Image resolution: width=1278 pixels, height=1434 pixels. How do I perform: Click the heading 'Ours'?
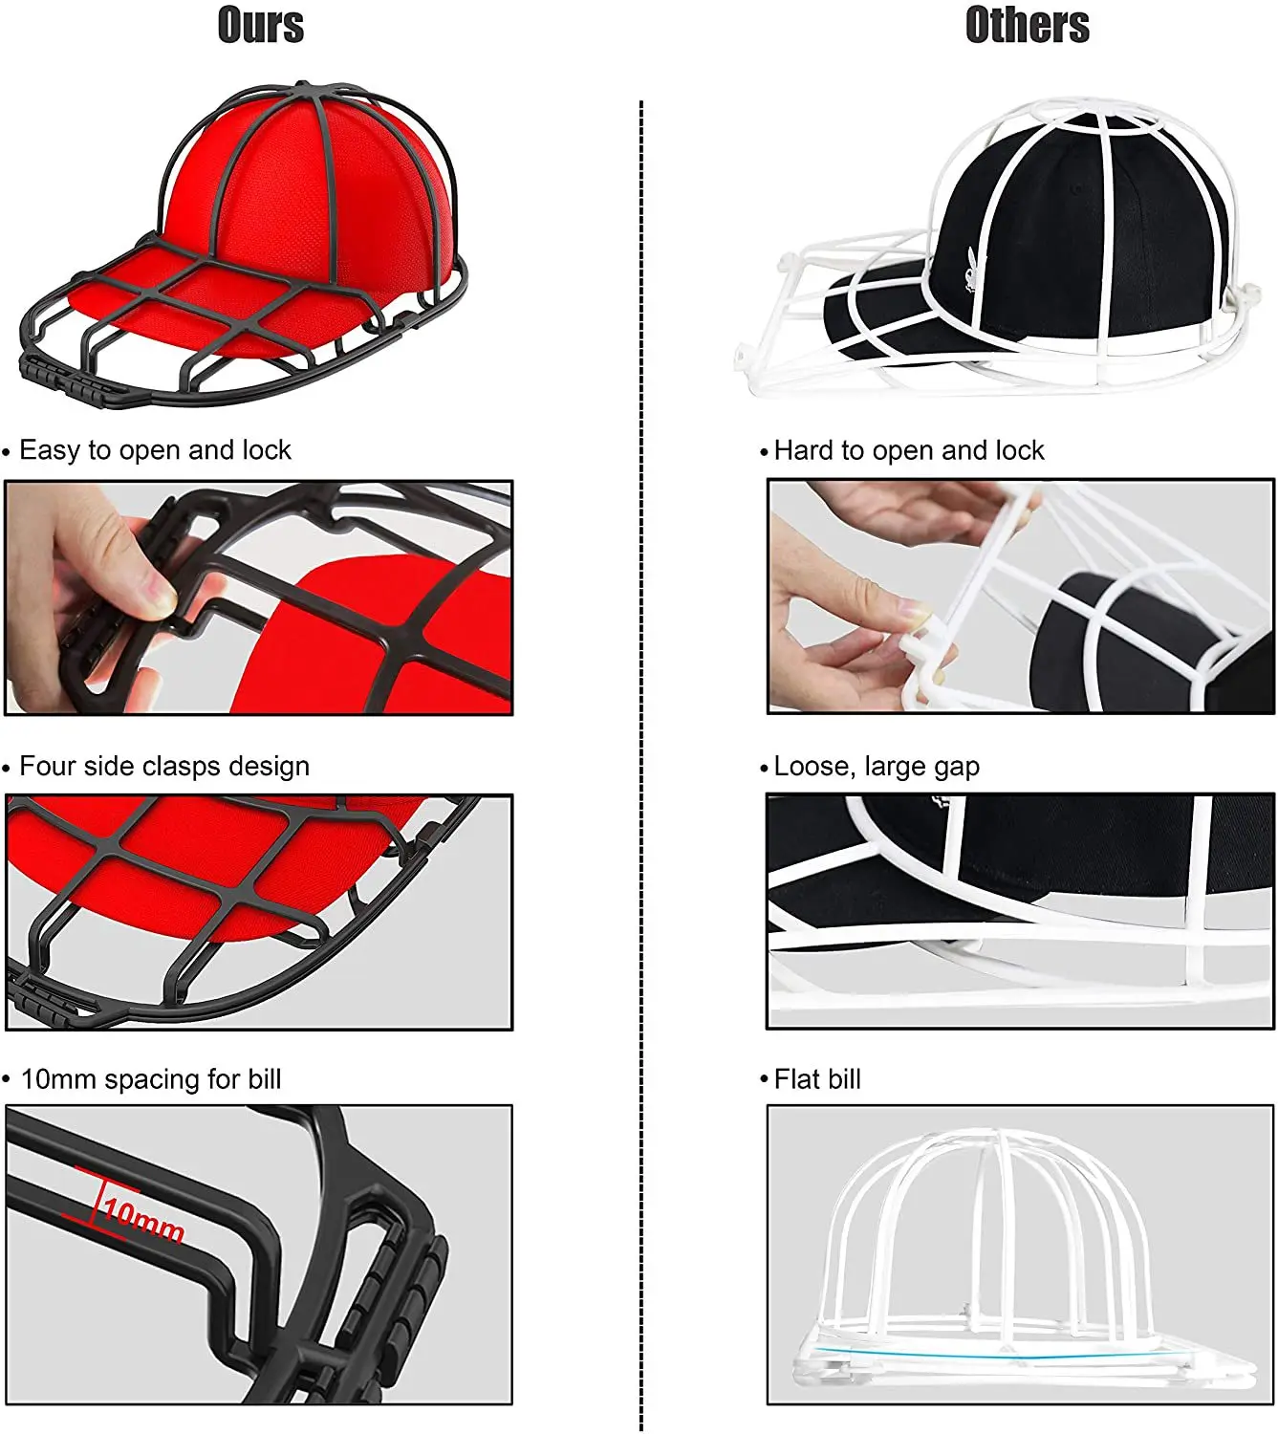[x=260, y=25]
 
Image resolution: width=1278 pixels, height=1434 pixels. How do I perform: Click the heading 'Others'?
[x=1027, y=25]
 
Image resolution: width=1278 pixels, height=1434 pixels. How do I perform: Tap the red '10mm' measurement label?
[x=143, y=1219]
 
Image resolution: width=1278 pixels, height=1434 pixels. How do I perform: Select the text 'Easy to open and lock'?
[x=155, y=450]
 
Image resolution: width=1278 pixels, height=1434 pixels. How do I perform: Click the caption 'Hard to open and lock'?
[x=908, y=450]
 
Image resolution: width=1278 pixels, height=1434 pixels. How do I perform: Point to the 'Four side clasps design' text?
[x=164, y=767]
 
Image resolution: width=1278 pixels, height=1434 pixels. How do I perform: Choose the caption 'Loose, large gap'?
[x=876, y=767]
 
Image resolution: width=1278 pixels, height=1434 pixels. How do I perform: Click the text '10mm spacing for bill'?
[x=151, y=1079]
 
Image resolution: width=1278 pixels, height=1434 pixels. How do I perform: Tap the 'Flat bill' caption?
[x=817, y=1079]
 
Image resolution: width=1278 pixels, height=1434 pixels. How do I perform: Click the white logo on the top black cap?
[x=971, y=267]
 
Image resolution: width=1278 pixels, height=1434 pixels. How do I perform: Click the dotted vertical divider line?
[x=640, y=765]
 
